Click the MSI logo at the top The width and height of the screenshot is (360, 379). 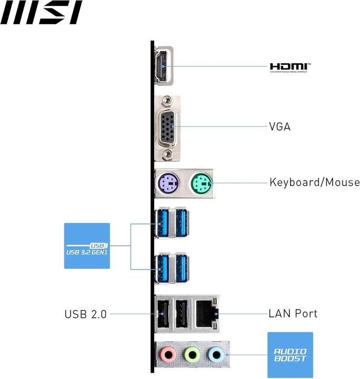41,13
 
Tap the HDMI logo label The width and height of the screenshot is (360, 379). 290,67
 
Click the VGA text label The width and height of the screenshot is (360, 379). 279,127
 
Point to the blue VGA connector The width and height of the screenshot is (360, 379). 167,127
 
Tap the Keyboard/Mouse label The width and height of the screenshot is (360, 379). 314,183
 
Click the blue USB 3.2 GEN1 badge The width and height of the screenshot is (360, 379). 87,246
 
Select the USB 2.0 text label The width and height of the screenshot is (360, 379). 85,314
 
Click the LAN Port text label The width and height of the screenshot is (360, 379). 293,314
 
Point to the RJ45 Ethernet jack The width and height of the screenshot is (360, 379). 206,314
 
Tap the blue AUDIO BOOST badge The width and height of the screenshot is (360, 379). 290,355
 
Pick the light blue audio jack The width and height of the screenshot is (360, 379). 215,355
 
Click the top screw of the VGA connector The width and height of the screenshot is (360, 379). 167,100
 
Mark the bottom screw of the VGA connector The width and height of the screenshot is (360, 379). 167,154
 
